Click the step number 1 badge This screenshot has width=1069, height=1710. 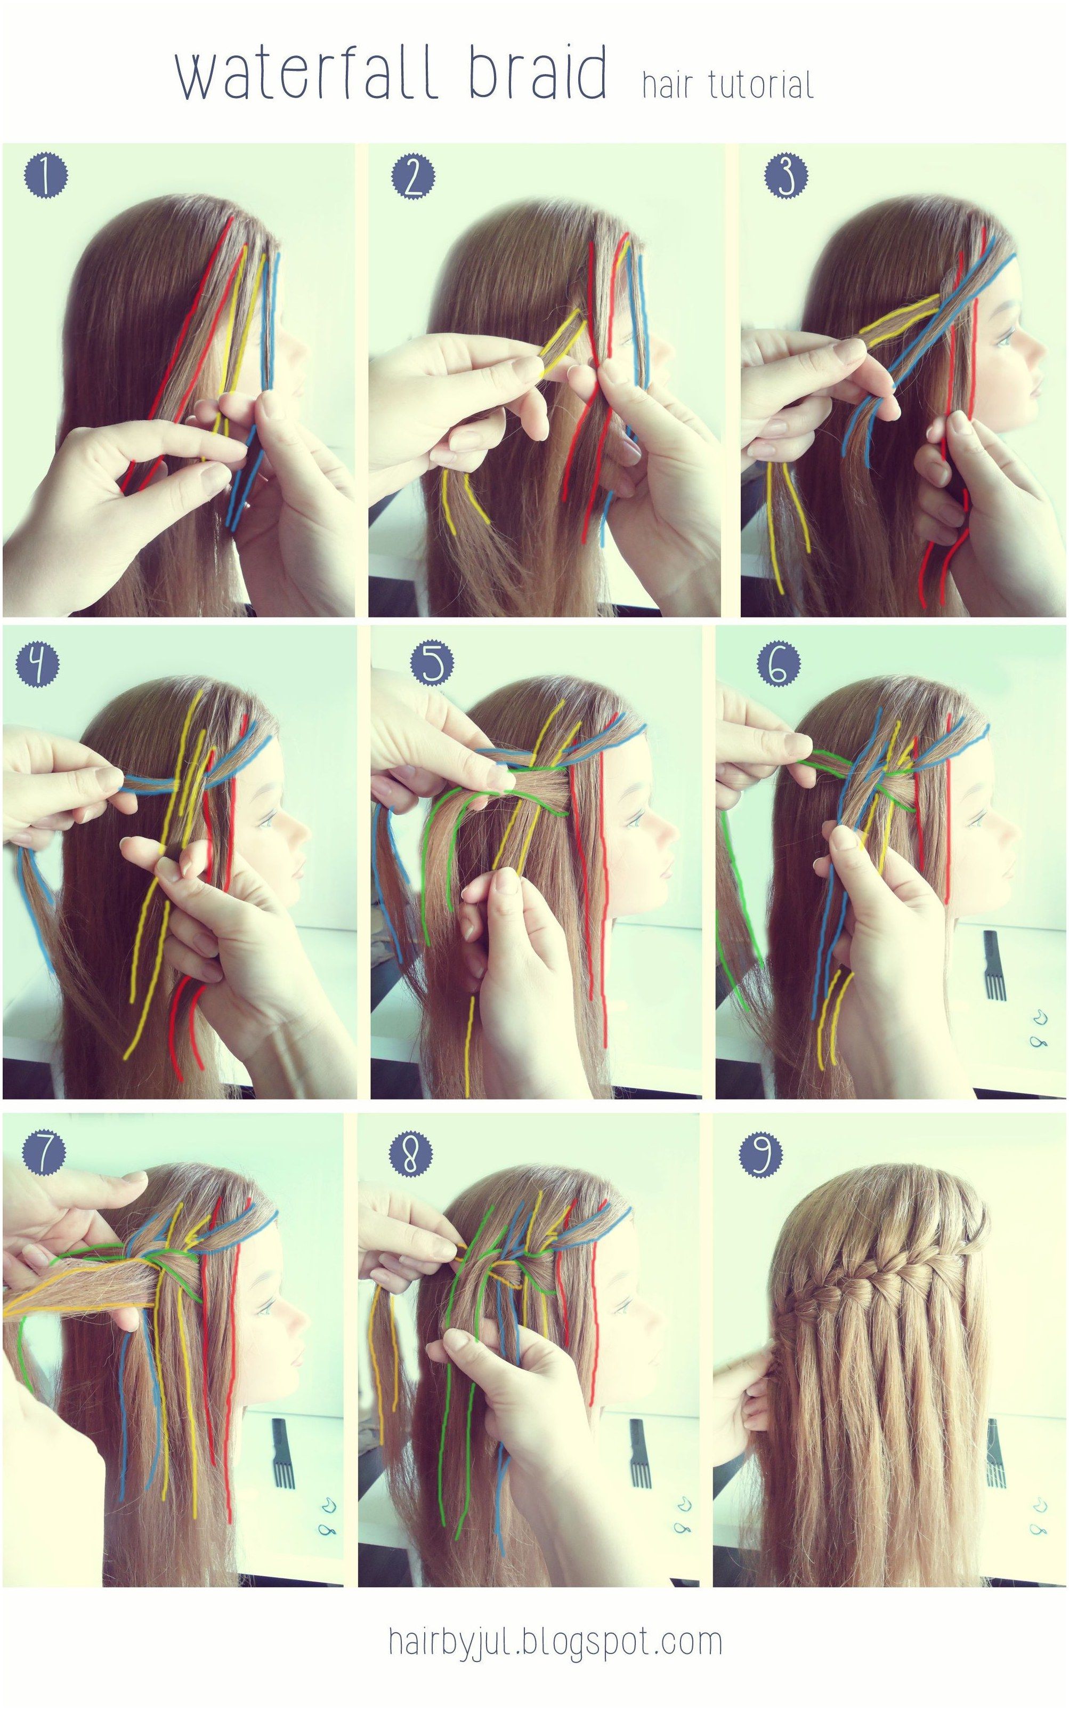[x=46, y=175]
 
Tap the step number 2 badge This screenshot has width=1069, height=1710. [x=414, y=175]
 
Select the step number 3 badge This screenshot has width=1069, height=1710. [x=786, y=175]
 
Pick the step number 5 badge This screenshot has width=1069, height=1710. [x=433, y=665]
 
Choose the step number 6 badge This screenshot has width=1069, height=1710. [x=779, y=665]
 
